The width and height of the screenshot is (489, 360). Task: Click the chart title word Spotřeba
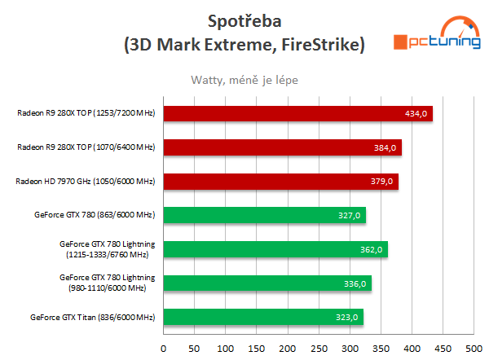pyautogui.click(x=244, y=18)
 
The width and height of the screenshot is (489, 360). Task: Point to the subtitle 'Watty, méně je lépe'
pyautogui.click(x=244, y=80)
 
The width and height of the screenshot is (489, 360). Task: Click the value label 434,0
pyautogui.click(x=416, y=113)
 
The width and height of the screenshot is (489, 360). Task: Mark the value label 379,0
pyautogui.click(x=382, y=181)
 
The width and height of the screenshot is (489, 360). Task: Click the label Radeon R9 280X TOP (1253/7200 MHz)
pyautogui.click(x=86, y=113)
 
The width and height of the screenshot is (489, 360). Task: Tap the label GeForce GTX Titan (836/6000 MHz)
pyautogui.click(x=92, y=317)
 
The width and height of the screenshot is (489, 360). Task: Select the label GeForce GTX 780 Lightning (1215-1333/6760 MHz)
pyautogui.click(x=103, y=249)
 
